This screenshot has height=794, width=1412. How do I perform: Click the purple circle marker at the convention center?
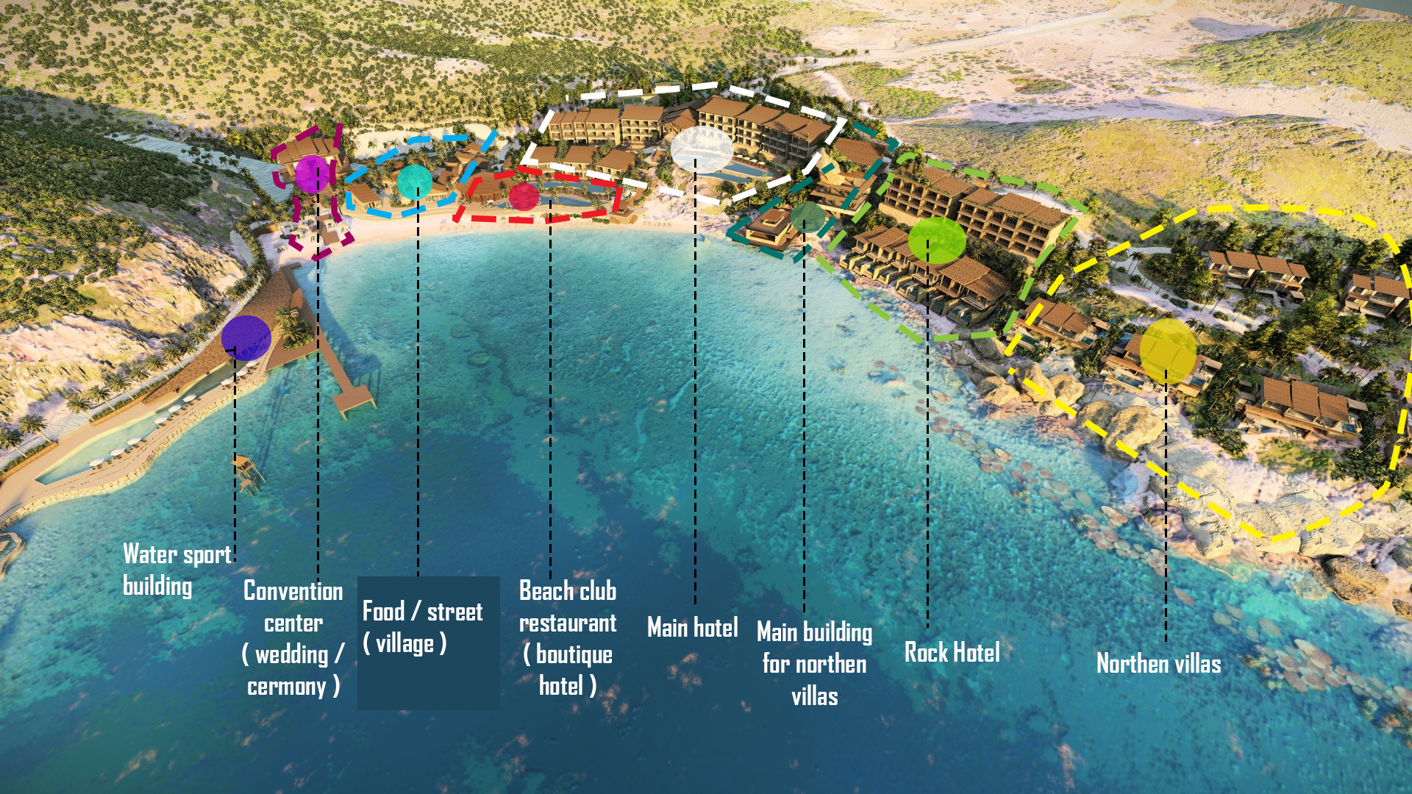click(x=313, y=174)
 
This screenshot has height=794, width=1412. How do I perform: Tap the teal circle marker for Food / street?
click(x=414, y=182)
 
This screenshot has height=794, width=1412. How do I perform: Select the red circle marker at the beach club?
click(x=524, y=196)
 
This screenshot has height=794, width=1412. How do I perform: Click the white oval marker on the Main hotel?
click(x=702, y=149)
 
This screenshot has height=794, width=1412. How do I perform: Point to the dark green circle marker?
click(x=807, y=218)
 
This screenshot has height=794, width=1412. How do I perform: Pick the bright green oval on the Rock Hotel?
click(x=936, y=240)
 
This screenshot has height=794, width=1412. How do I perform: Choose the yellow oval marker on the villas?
click(x=1168, y=351)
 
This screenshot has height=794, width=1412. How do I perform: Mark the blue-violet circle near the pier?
click(x=246, y=338)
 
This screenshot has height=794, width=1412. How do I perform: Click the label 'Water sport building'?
click(x=176, y=570)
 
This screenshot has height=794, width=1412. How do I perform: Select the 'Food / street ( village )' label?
click(x=422, y=627)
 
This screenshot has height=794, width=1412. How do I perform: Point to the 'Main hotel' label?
click(x=692, y=628)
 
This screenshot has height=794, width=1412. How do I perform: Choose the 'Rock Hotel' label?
click(x=952, y=652)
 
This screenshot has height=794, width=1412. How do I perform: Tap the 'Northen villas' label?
click(x=1158, y=664)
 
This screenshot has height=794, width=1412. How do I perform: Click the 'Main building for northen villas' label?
click(x=814, y=664)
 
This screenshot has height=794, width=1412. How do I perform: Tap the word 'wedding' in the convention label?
click(x=291, y=654)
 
